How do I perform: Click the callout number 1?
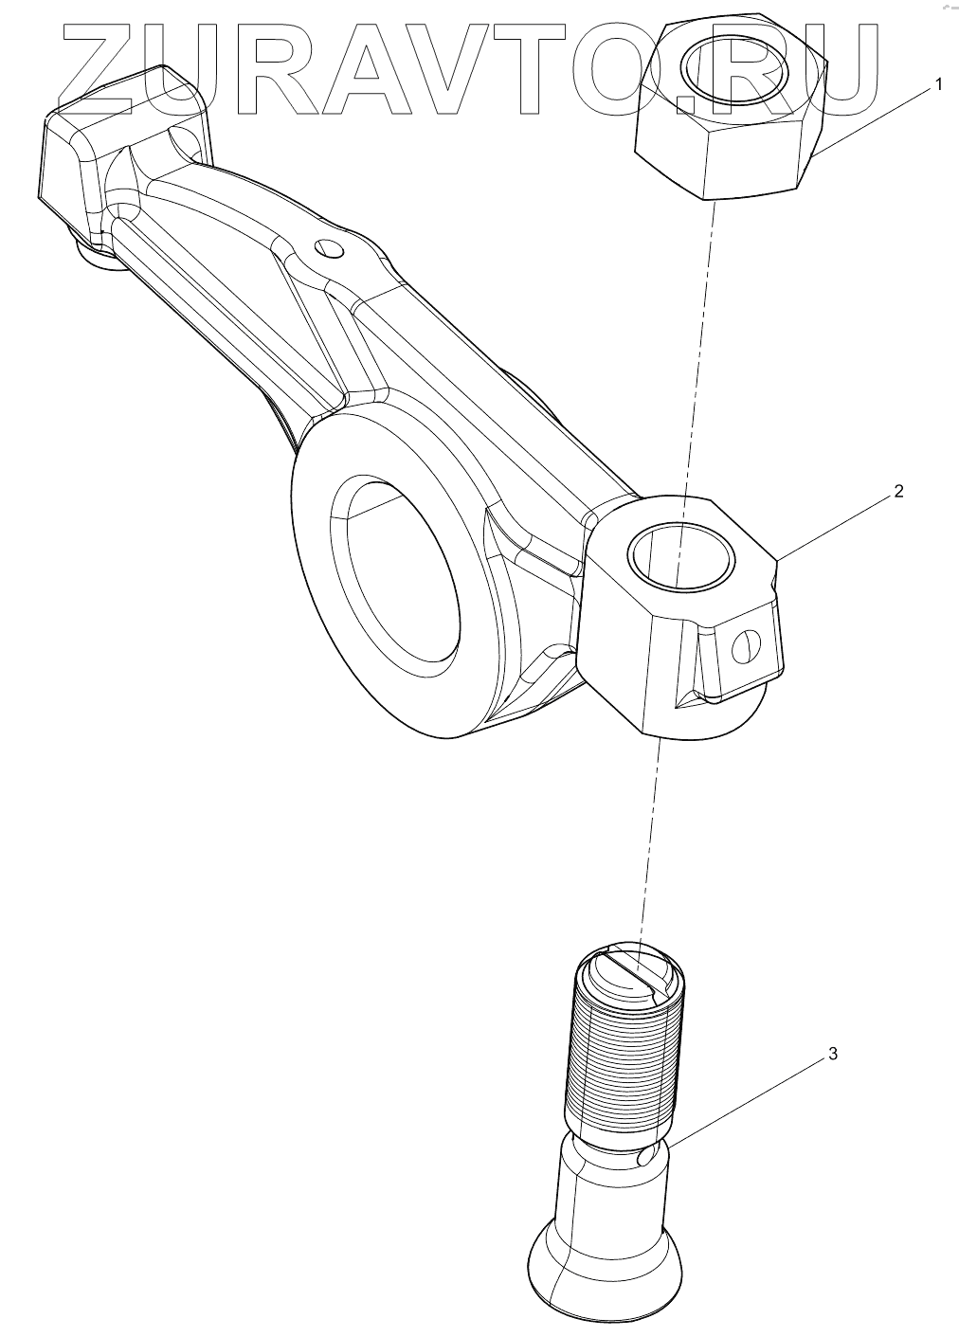click(x=938, y=84)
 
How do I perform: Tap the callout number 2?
click(x=898, y=491)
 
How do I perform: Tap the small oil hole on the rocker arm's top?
click(x=329, y=248)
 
